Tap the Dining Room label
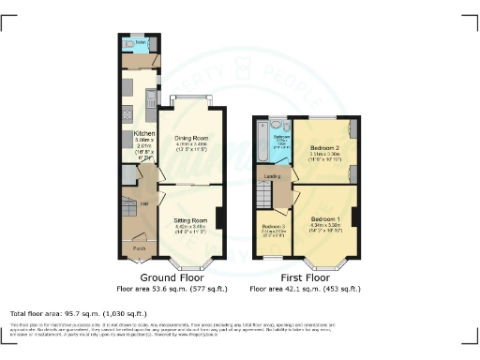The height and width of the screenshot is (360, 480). [x=190, y=138]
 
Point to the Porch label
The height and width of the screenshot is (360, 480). [x=139, y=247]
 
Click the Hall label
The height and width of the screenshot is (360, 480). [x=144, y=202]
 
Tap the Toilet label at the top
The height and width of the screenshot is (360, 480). [x=140, y=42]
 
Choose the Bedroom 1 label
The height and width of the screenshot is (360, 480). [x=324, y=217]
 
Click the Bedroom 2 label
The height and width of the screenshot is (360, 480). [x=324, y=148]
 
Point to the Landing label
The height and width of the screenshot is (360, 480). [x=273, y=175]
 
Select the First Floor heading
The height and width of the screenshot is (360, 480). [x=306, y=278]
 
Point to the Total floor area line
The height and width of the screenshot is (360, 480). [x=77, y=312]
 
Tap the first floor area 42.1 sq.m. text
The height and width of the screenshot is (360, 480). [x=306, y=290]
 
